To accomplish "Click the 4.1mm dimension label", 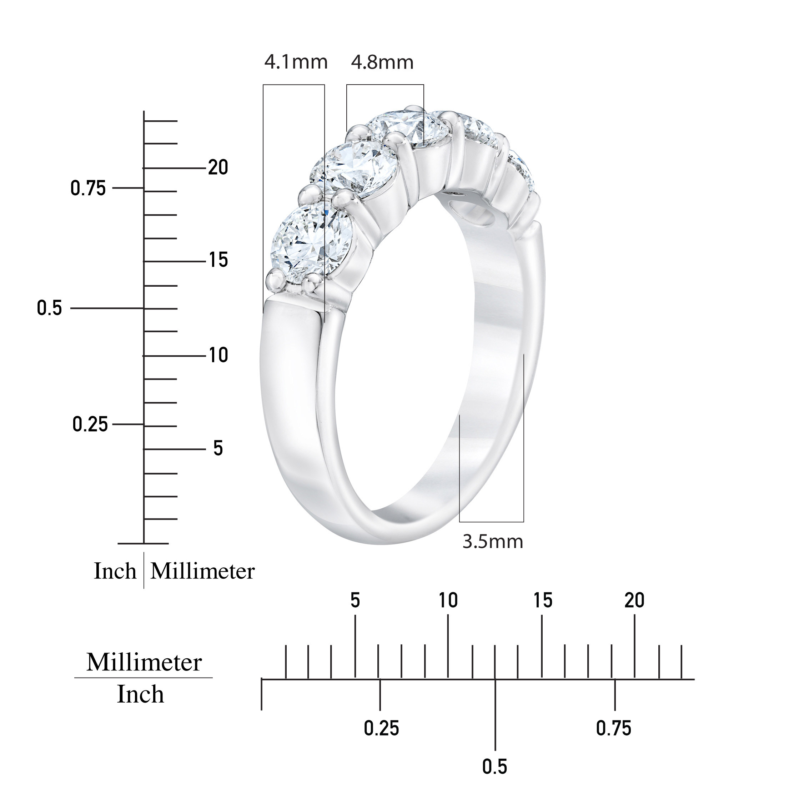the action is pos(296,62).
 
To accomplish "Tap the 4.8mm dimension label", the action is pos(382,62).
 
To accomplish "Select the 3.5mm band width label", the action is pos(493,542).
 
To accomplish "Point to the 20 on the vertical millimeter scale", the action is pos(218,167).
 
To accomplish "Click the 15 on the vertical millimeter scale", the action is pos(218,260).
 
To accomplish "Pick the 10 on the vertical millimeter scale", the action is pos(218,355).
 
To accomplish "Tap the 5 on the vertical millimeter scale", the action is pos(218,448).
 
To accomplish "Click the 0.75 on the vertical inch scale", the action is pos(88,188).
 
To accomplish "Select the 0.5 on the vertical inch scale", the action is pos(49,308).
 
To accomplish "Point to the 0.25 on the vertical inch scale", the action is pos(90,424).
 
